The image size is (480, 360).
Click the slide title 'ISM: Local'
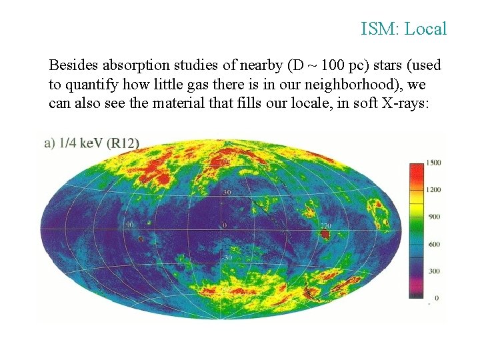coord(403,29)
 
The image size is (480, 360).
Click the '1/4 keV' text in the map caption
coord(81,142)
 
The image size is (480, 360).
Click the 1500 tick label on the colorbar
coord(434,163)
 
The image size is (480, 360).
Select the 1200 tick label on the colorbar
coord(434,189)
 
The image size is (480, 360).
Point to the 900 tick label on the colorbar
coord(434,217)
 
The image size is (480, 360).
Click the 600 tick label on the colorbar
coord(434,244)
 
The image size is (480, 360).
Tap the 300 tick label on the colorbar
coord(434,271)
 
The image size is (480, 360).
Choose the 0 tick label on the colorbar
coord(437,297)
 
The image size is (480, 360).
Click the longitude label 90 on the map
coord(130,225)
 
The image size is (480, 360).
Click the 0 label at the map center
coord(225,225)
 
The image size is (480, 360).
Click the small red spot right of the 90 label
coord(141,237)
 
